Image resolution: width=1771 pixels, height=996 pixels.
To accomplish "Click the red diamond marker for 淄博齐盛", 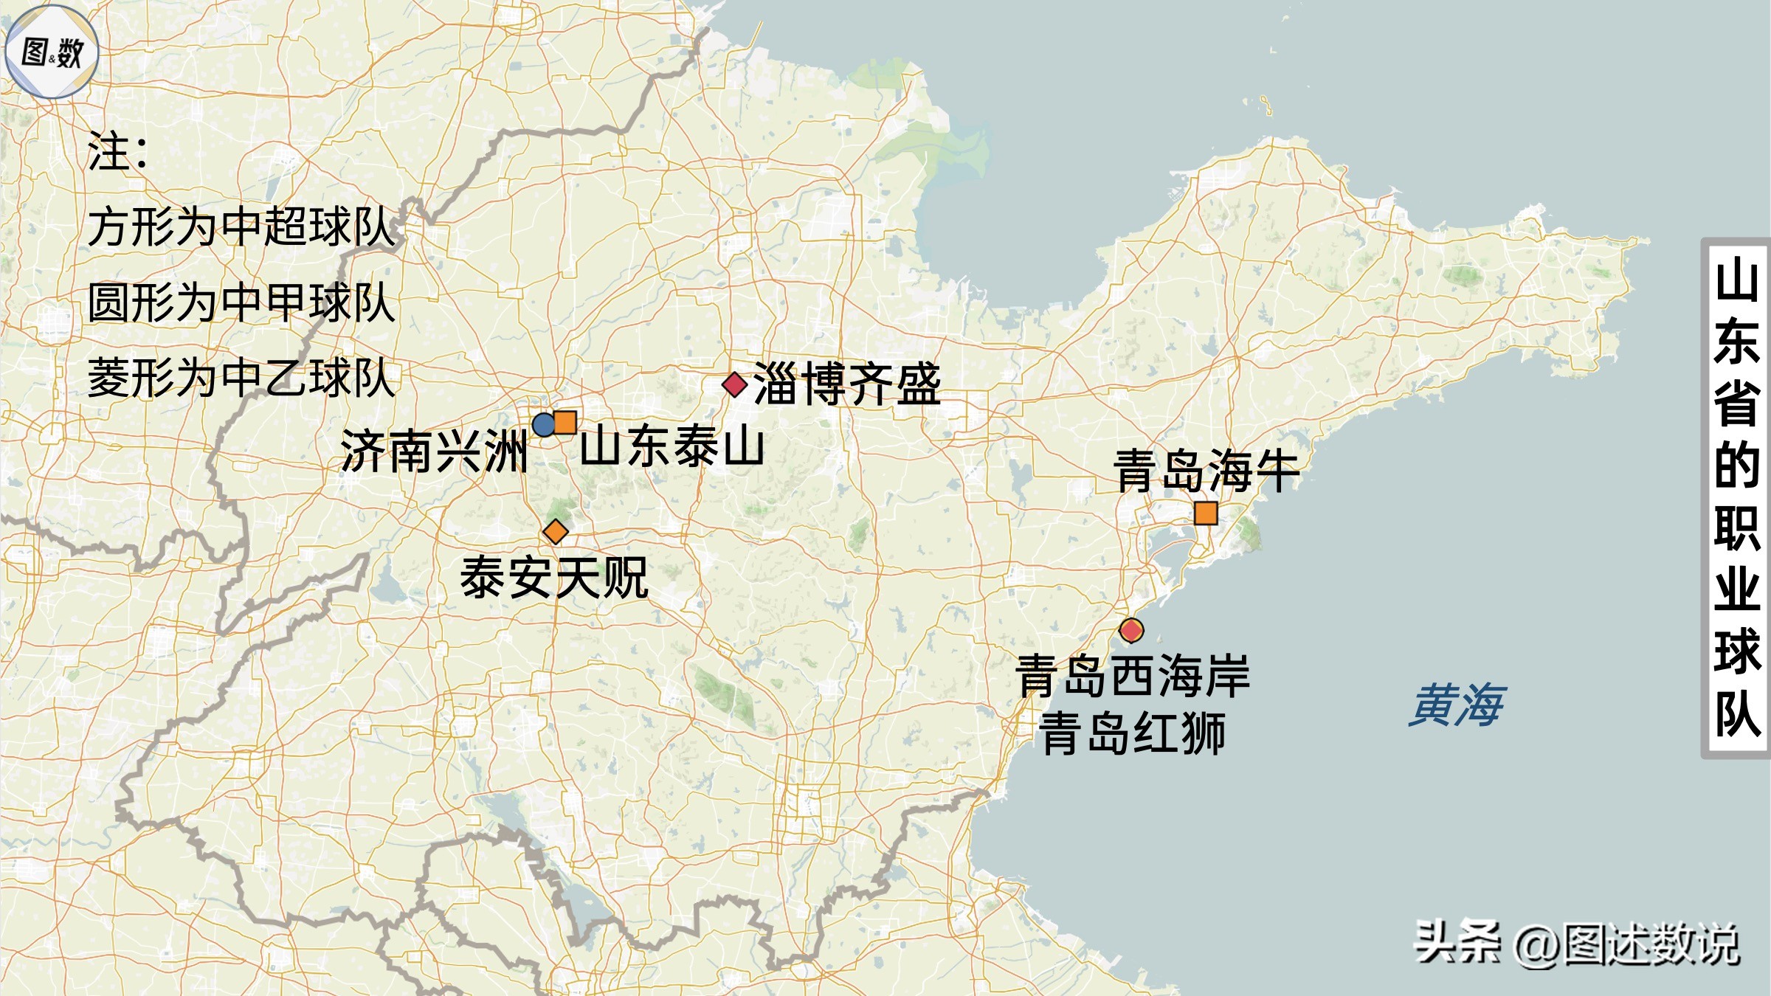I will click(x=734, y=384).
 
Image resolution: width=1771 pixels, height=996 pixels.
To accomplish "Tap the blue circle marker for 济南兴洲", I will click(x=544, y=425).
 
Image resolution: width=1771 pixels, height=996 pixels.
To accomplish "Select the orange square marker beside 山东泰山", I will click(x=565, y=422).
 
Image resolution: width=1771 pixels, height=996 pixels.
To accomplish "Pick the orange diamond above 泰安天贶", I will click(x=556, y=531).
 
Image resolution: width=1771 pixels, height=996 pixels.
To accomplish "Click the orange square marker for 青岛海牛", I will click(x=1206, y=513).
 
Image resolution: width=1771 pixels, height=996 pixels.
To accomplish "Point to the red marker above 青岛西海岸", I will click(x=1131, y=630).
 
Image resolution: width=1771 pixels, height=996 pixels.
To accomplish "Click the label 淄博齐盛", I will click(x=847, y=384).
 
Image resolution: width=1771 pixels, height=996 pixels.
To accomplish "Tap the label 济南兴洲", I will click(x=434, y=451).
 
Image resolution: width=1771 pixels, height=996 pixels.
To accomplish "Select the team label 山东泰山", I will click(x=672, y=446).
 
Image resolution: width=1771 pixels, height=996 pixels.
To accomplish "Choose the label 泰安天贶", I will click(x=554, y=578).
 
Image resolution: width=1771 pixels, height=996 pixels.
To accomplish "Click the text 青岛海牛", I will click(x=1206, y=471).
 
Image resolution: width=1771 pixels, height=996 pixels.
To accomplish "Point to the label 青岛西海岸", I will click(x=1133, y=675).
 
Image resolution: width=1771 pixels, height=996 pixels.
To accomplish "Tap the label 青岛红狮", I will click(x=1133, y=733).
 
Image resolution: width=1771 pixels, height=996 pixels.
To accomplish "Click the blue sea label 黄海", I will click(x=1455, y=705).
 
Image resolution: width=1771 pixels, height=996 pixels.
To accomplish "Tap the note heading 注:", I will click(x=117, y=152).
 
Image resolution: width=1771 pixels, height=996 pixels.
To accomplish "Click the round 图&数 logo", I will click(x=52, y=52).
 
